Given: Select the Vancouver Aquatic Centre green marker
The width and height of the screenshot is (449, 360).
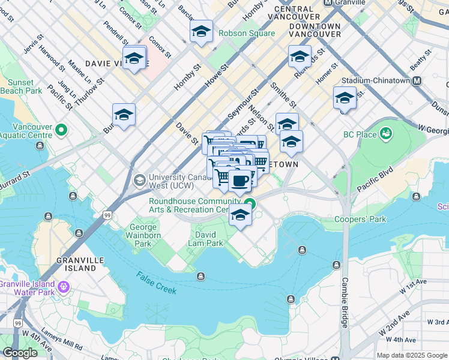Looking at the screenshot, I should [61, 130].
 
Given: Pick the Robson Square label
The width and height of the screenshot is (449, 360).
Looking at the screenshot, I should [247, 33].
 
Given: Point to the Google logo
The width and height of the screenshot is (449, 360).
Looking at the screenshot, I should [20, 352].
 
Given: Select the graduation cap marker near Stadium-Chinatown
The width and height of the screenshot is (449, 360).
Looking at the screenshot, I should [345, 98].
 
